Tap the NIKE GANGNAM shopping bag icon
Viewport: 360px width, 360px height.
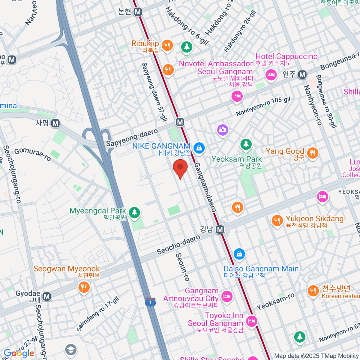[199, 148]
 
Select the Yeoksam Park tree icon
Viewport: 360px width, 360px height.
[246, 145]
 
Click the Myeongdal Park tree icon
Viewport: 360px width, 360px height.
[134, 212]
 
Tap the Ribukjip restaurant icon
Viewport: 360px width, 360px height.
[167, 46]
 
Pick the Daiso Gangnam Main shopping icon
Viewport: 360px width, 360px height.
[239, 254]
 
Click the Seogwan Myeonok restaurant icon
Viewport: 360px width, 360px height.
[84, 287]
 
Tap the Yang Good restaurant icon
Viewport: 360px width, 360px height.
[313, 153]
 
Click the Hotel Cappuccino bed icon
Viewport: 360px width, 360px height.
[271, 74]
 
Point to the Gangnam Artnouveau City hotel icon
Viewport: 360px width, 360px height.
[227, 296]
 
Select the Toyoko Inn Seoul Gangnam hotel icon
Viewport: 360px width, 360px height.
[251, 321]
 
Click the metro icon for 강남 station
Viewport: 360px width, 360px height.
[220, 230]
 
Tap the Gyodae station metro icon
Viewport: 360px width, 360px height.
[46, 296]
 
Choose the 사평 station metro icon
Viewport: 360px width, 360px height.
[55, 123]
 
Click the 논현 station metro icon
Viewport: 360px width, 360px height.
[138, 12]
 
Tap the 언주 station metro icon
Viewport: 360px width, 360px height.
[302, 75]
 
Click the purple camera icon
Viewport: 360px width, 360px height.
[223, 130]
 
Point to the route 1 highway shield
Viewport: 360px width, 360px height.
[150, 302]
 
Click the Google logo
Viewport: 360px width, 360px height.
[19, 353]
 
